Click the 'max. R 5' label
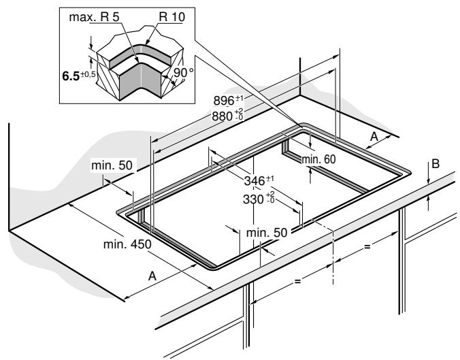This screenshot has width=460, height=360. point(94,17)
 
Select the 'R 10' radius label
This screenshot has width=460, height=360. point(172,17)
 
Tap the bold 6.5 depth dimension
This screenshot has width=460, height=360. point(71,76)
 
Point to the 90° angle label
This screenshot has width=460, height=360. point(183,72)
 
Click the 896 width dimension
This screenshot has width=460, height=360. point(224,101)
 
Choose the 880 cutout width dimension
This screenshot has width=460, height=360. point(223,116)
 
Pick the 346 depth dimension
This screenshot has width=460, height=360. point(254,181)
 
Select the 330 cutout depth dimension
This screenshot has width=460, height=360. point(253,199)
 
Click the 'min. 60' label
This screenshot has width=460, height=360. point(318,159)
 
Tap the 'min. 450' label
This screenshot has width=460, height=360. point(127,244)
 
